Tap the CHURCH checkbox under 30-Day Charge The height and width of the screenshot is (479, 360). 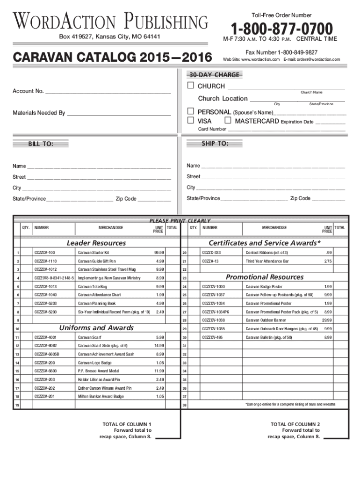190,86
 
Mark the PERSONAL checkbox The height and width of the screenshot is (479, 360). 190,112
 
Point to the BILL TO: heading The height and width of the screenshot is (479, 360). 41,145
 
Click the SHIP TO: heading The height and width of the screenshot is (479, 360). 215,144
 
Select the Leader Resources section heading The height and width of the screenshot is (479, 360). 96,243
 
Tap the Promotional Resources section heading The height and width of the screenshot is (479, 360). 265,277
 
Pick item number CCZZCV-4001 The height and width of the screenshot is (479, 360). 45,337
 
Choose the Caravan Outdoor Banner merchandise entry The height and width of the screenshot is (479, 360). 266,320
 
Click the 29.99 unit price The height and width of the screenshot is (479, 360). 327,320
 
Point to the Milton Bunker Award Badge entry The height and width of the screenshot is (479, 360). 101,396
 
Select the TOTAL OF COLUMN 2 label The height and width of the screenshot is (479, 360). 295,424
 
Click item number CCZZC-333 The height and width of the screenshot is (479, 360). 211,253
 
